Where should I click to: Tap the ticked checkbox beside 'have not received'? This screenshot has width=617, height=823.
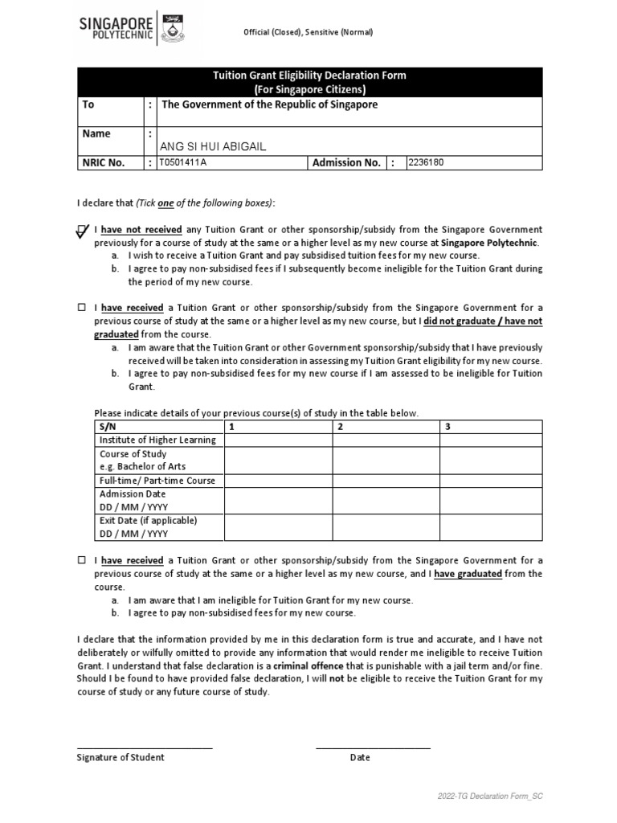82,231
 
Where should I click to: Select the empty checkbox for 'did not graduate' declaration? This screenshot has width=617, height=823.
81,308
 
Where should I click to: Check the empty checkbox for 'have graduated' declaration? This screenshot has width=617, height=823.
81,560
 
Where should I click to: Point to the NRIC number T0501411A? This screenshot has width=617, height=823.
183,162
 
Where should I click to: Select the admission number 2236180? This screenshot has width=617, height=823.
426,162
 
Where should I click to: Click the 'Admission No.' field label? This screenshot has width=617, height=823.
346,163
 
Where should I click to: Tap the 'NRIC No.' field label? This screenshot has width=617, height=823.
103,163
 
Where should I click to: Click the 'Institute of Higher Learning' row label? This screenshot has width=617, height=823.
157,440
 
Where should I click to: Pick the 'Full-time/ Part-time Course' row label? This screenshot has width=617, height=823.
157,481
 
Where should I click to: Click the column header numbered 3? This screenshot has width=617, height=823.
447,427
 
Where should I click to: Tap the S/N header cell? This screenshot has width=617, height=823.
107,427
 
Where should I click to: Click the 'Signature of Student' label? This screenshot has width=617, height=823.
121,757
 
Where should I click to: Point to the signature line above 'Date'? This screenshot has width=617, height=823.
373,747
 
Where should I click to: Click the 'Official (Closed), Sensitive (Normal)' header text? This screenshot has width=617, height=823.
308,32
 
